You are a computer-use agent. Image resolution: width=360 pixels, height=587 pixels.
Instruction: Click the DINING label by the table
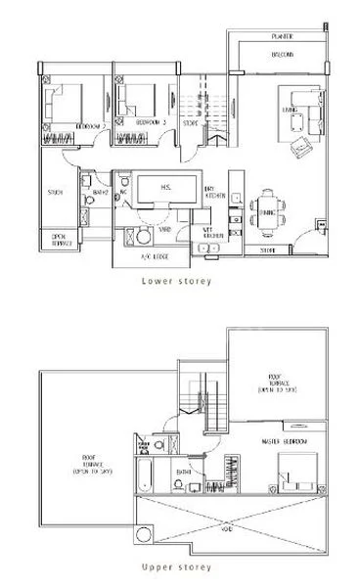(267, 208)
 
